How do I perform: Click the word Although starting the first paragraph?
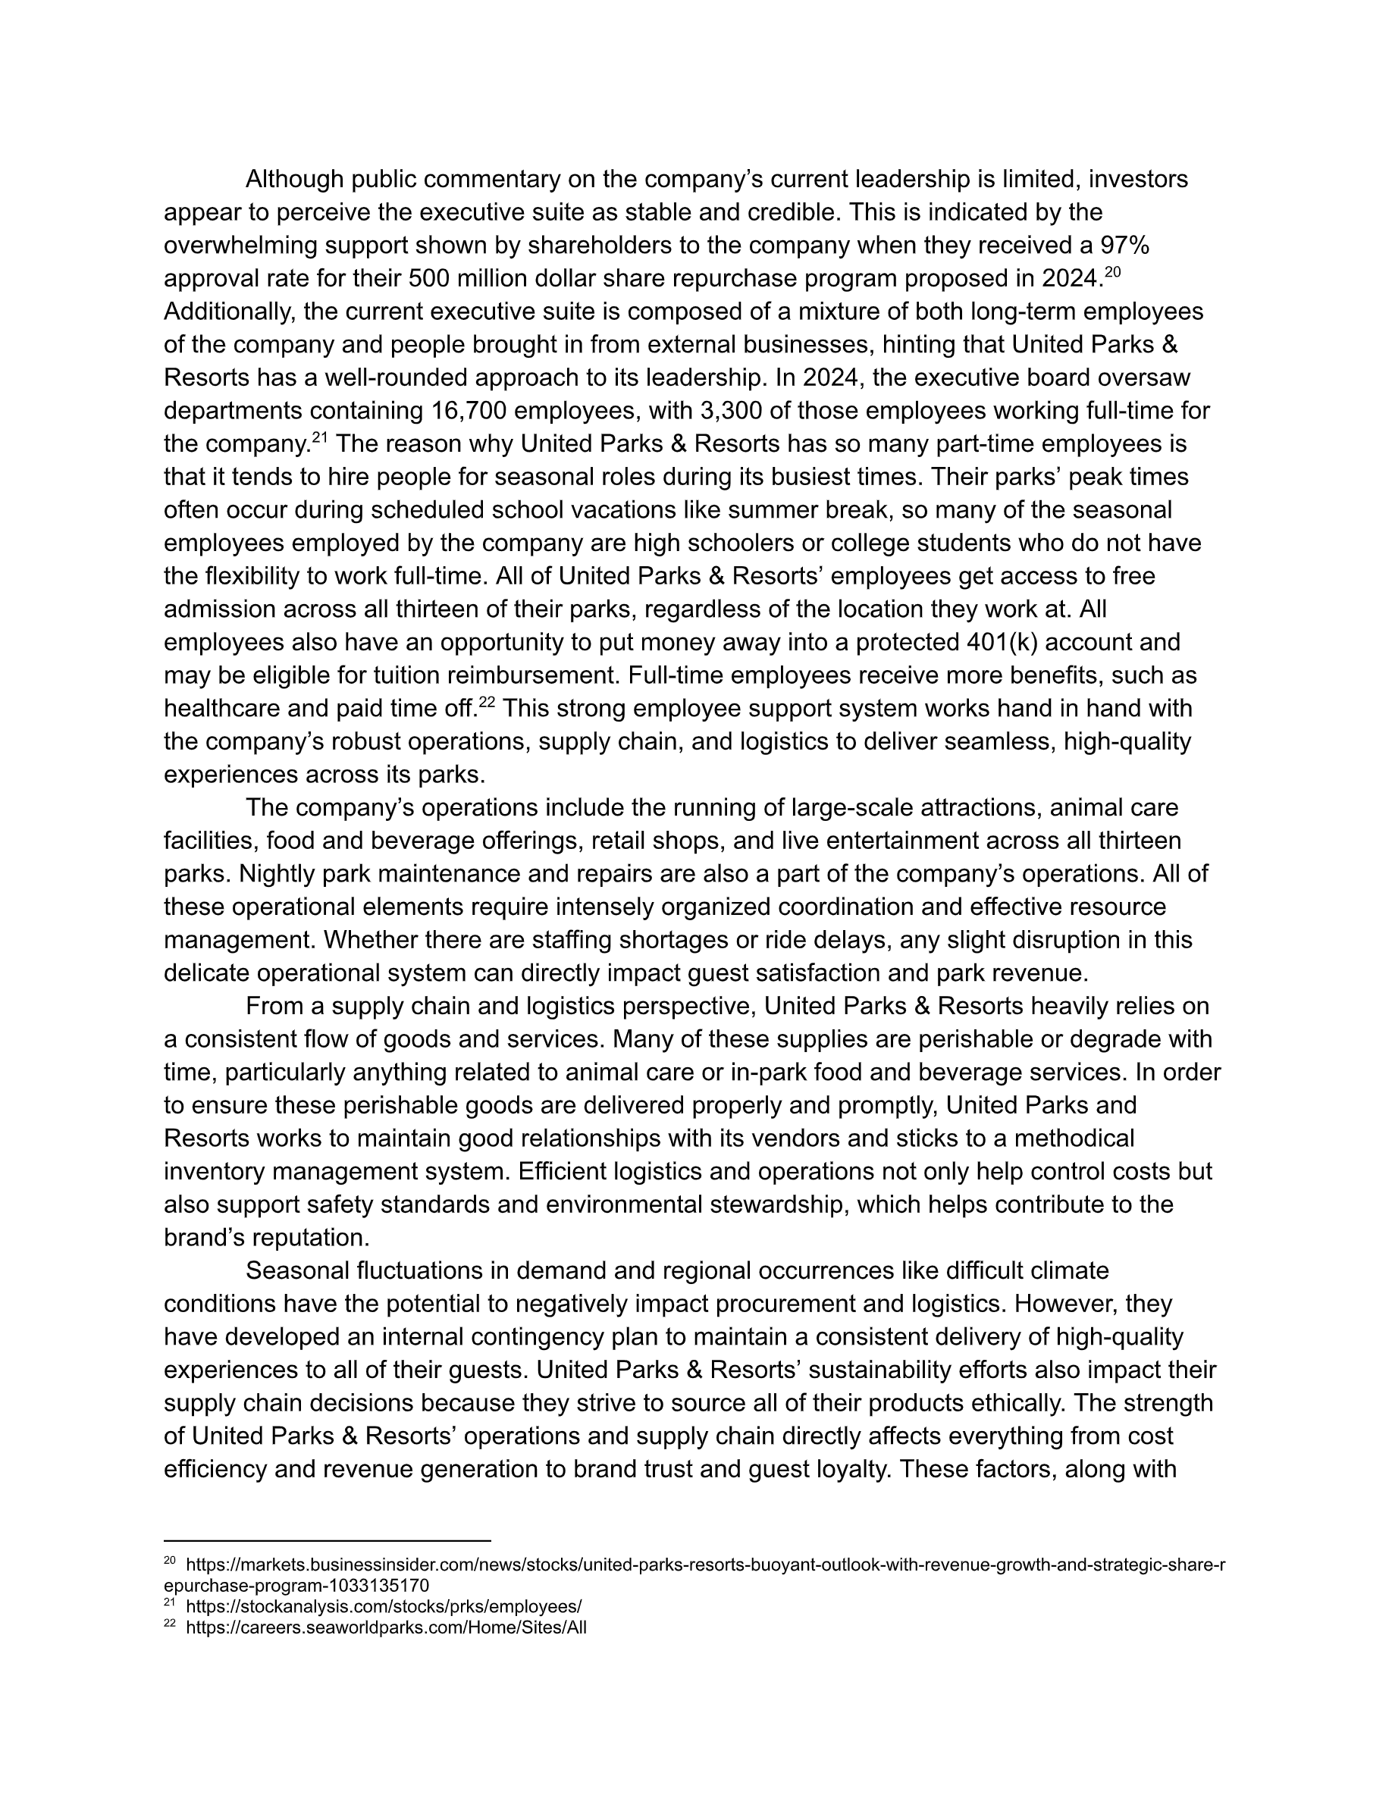click(294, 179)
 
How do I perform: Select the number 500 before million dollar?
click(429, 279)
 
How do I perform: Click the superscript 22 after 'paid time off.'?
click(487, 703)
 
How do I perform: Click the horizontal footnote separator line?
click(328, 1539)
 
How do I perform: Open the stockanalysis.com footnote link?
click(384, 1606)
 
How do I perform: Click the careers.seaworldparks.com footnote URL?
click(386, 1627)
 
